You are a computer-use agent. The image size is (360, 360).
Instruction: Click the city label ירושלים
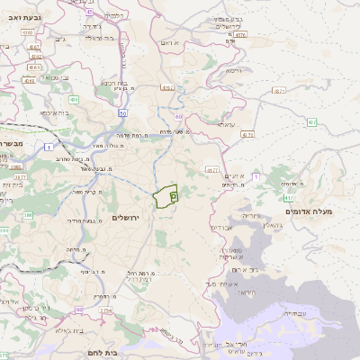(x=127, y=218)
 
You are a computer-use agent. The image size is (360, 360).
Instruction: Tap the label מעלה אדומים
(x=309, y=211)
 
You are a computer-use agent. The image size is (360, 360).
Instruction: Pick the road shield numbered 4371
(x=279, y=91)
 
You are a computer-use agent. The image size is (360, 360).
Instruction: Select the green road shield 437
(x=312, y=121)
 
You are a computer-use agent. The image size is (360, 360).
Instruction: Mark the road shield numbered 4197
(x=167, y=88)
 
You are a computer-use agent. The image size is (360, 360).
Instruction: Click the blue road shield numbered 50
(x=122, y=114)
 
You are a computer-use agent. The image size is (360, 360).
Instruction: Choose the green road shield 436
(x=74, y=100)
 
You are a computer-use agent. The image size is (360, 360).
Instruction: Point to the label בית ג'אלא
(x=66, y=331)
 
